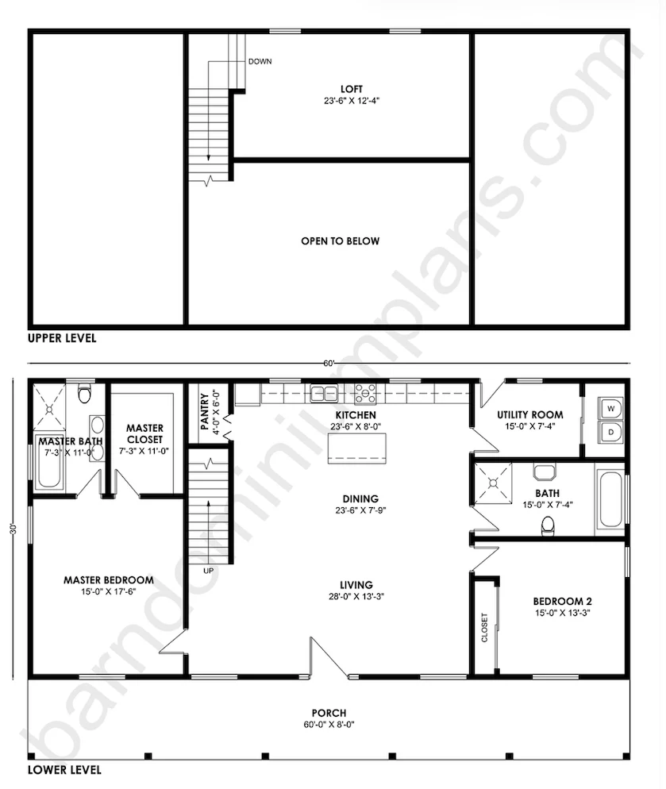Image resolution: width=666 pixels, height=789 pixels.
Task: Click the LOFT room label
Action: (352, 89)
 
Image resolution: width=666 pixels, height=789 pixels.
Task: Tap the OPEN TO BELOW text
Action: (341, 241)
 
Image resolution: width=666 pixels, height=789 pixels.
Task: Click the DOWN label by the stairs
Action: (260, 61)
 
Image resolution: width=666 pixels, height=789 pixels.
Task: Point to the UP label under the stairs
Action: (209, 571)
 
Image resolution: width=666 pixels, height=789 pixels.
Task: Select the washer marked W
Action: (610, 409)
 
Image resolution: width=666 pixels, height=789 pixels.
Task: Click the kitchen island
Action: (357, 448)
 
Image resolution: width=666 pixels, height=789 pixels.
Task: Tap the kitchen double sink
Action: (324, 394)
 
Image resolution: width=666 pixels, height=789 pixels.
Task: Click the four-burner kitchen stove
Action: (365, 394)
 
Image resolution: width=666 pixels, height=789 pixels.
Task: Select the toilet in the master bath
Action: (85, 394)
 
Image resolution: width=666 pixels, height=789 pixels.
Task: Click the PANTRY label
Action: (204, 412)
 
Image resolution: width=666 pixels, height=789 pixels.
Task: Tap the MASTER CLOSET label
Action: (145, 433)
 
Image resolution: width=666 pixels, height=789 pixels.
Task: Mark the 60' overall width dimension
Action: (329, 364)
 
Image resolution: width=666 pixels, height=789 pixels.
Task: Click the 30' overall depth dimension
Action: (13, 529)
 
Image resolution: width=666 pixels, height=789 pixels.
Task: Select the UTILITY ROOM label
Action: (530, 414)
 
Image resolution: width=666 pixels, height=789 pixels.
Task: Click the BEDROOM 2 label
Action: (562, 602)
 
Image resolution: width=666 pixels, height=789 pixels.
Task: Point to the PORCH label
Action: (329, 713)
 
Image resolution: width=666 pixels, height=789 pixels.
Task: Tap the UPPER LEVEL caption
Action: (62, 338)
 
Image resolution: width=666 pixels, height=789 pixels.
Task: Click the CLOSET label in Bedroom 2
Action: (484, 628)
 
